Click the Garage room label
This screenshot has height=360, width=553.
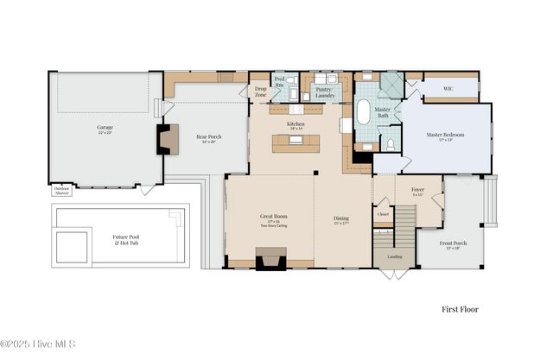[x=105, y=128]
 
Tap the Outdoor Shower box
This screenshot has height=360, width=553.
[x=62, y=192]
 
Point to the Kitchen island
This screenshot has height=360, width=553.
[x=296, y=143]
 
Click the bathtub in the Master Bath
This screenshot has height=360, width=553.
[x=364, y=114]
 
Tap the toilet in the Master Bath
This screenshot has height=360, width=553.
[x=391, y=143]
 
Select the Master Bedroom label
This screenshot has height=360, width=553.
[x=445, y=136]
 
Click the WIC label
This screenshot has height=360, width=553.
[x=448, y=88]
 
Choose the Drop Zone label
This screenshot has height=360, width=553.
[x=260, y=92]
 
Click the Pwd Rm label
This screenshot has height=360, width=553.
[x=280, y=83]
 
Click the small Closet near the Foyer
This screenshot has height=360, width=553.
[x=383, y=214]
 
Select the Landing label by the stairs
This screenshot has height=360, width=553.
[x=394, y=256]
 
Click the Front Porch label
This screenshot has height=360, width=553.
[x=453, y=245]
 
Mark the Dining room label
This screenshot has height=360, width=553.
[x=341, y=219]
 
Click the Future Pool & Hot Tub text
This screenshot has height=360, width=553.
[x=127, y=239]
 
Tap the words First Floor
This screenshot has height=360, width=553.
[x=459, y=309]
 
